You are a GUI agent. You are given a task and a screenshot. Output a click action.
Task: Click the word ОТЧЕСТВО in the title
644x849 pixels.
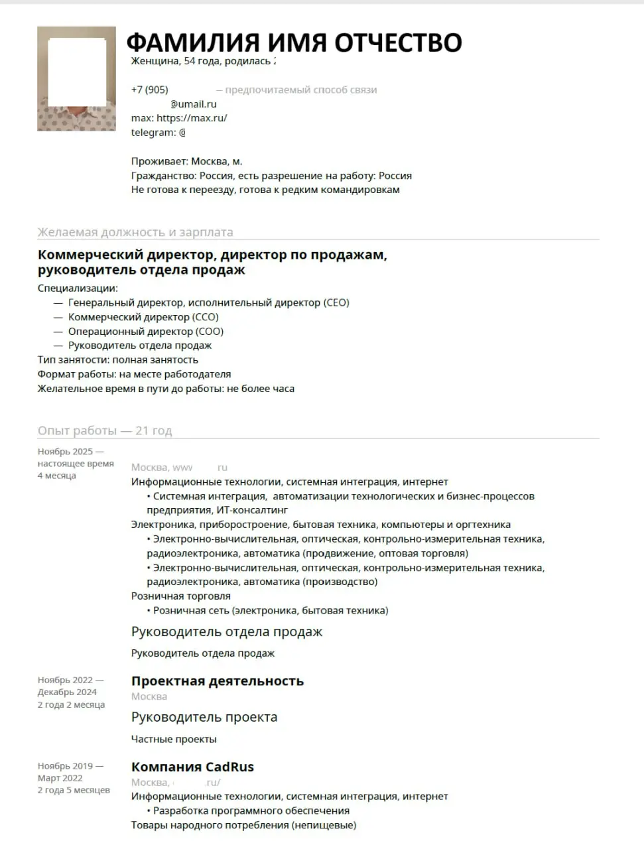click(x=398, y=42)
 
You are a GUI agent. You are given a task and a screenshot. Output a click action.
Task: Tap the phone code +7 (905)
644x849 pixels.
click(x=149, y=90)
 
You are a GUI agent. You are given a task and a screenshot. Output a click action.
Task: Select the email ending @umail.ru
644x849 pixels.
click(x=193, y=104)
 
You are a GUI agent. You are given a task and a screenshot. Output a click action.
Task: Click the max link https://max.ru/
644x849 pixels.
click(x=192, y=118)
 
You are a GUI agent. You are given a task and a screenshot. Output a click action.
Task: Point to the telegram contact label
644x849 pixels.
click(x=153, y=133)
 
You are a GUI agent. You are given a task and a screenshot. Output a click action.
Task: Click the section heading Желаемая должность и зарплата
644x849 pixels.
click(x=135, y=232)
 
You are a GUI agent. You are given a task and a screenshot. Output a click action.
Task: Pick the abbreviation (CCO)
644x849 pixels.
click(x=206, y=317)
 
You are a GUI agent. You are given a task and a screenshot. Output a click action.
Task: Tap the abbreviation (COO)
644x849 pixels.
click(x=210, y=332)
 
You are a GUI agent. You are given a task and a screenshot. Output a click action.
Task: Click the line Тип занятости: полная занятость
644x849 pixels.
click(x=118, y=359)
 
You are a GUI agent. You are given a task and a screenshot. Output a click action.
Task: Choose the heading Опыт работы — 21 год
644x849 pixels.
click(x=105, y=430)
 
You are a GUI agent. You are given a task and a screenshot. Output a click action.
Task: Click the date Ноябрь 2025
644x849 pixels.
click(x=66, y=452)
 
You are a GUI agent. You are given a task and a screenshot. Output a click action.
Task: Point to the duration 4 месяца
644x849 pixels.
click(x=57, y=476)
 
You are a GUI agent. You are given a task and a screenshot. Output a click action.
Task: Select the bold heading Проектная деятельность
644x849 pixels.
click(x=218, y=681)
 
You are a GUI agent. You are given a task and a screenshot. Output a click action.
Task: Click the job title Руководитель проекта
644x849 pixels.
click(x=204, y=717)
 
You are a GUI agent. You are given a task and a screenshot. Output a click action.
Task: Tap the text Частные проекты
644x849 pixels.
click(x=174, y=739)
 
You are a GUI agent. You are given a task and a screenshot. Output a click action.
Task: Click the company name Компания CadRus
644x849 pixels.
click(x=192, y=767)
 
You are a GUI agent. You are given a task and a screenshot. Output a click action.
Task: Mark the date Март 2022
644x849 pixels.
click(x=60, y=778)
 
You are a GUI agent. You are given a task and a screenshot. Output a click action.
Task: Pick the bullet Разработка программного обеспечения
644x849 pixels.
click(x=251, y=811)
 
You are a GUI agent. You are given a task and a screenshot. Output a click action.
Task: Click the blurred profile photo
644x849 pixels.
click(x=76, y=78)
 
